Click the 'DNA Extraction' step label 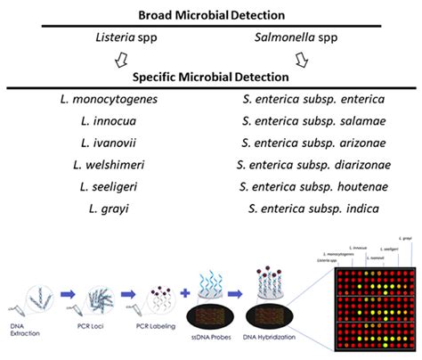(x=25, y=332)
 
